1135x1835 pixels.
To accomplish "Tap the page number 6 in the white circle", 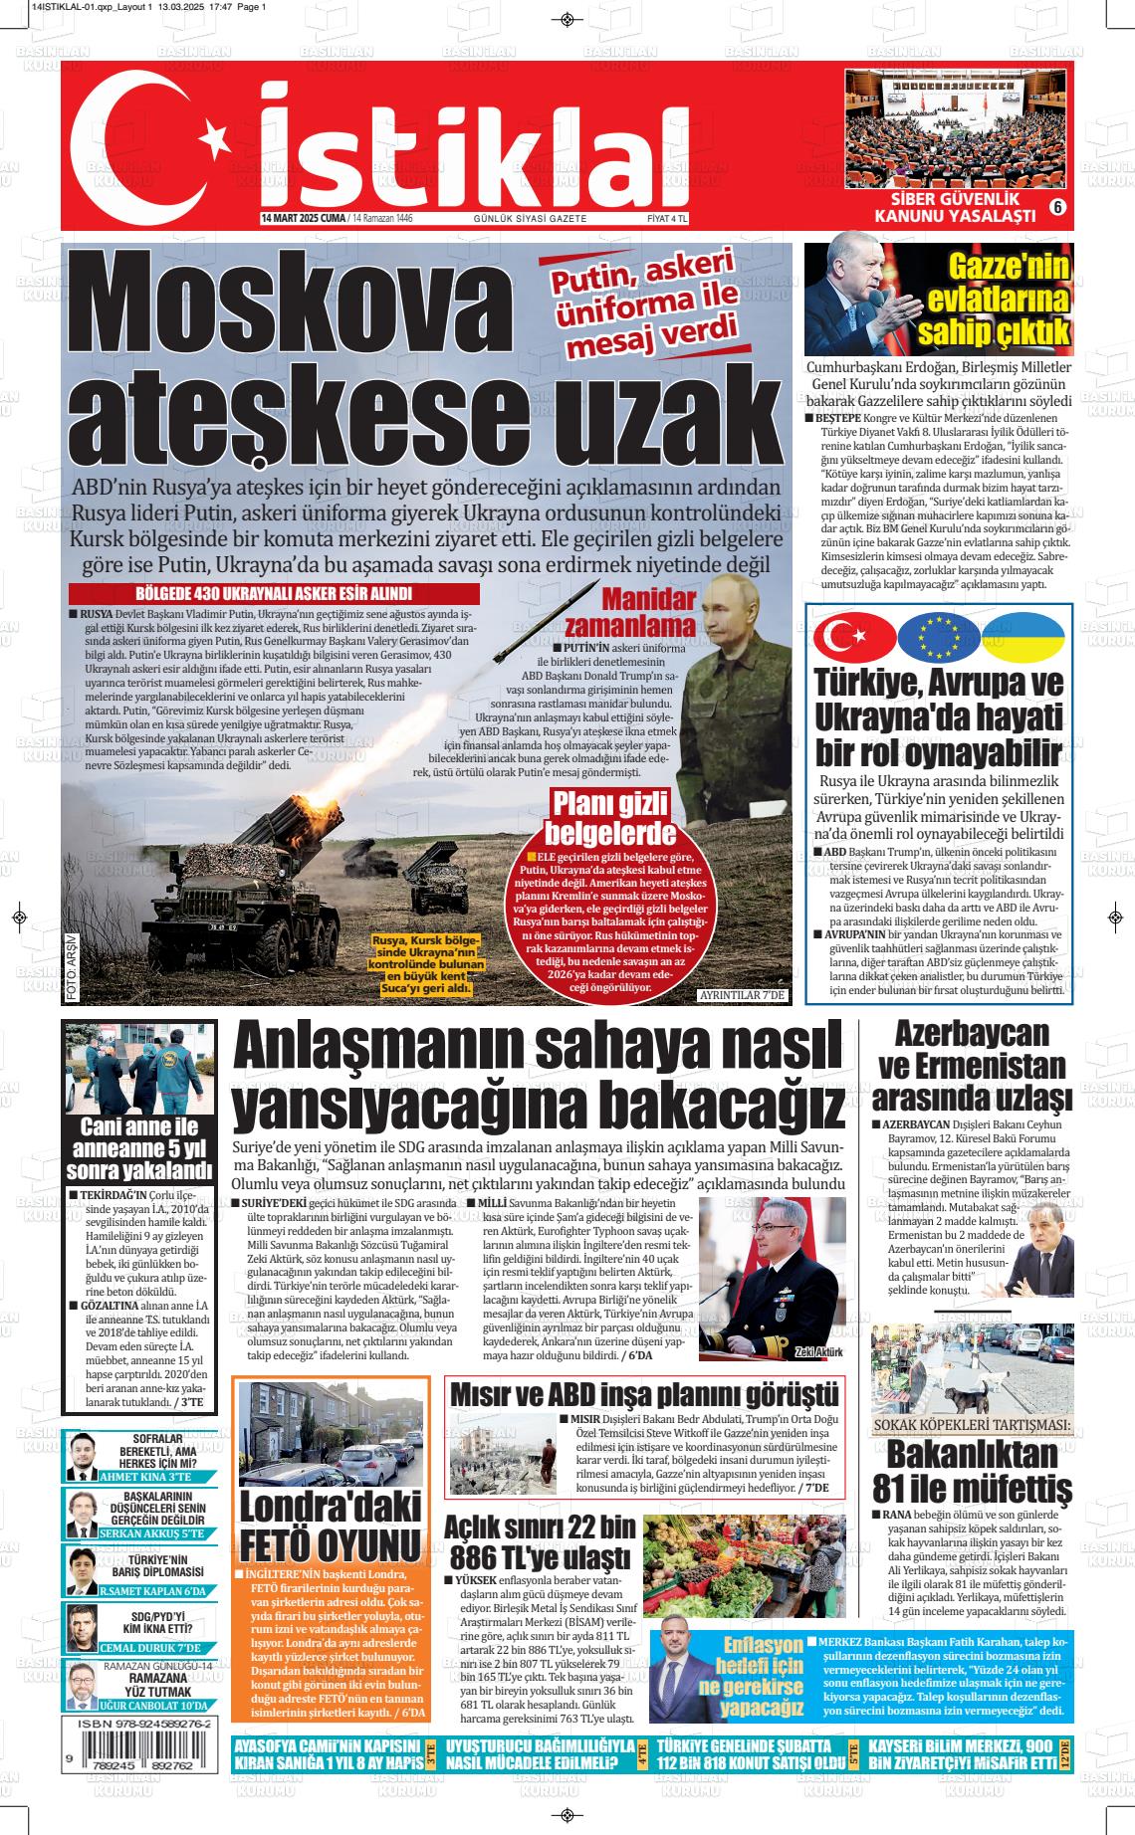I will click(1056, 207).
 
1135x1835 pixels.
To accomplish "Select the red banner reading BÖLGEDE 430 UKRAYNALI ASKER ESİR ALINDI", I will click(275, 594).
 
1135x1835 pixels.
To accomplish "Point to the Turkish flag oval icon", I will click(854, 638).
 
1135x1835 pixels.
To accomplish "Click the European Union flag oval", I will click(939, 638).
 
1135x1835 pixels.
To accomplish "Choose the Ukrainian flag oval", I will click(1022, 638).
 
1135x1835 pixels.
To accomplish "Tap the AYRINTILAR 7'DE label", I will click(743, 995).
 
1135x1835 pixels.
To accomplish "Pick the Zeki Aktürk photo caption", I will click(818, 1352).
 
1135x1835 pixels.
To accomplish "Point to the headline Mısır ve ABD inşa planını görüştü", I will click(644, 1394).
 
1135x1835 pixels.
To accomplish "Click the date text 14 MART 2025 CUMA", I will click(304, 219).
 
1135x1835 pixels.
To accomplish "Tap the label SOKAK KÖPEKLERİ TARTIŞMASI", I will click(972, 1425).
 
